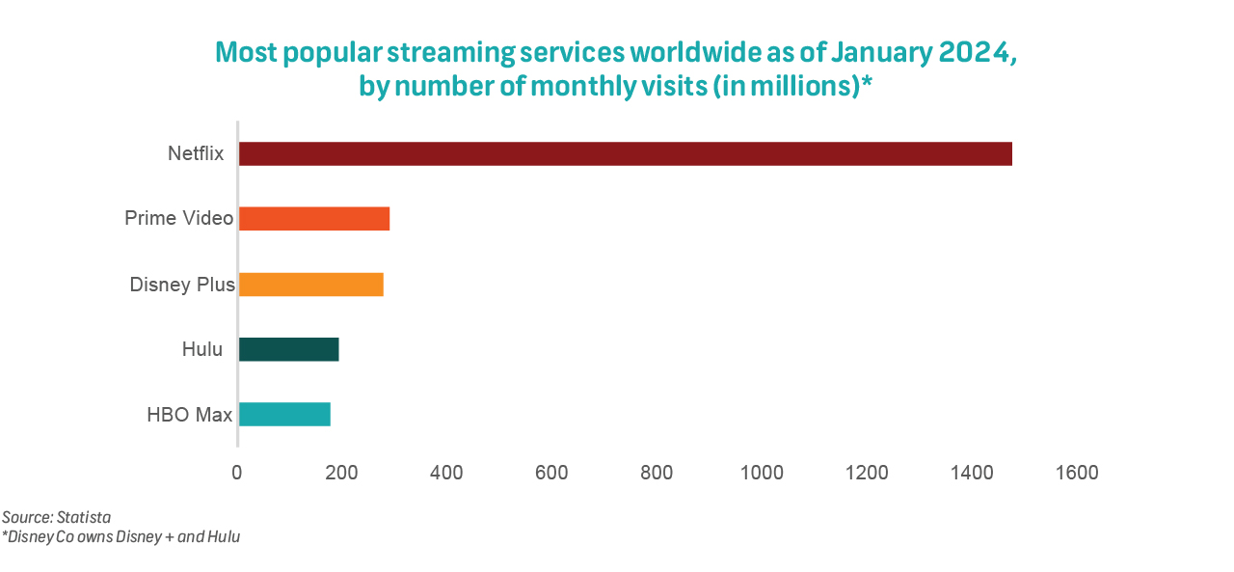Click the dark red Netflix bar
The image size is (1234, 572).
point(625,153)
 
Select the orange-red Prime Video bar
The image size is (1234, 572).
point(314,218)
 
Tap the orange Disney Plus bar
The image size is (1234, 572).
point(310,285)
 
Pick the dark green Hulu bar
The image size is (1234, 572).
point(288,349)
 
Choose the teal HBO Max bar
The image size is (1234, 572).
point(284,414)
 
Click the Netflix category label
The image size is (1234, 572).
point(196,153)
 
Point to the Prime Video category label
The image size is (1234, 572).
point(179,218)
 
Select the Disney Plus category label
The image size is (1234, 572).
point(182,285)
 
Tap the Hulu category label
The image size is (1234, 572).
point(202,349)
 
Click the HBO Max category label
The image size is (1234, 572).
point(190,415)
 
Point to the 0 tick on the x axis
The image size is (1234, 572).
point(237,473)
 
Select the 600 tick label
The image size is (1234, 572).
point(551,473)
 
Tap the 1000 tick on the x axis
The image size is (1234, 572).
point(762,473)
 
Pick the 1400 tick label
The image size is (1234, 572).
point(972,473)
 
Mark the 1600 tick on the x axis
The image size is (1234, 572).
point(1077,473)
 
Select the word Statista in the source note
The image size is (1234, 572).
point(84,518)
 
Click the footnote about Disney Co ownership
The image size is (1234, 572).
point(121,537)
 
